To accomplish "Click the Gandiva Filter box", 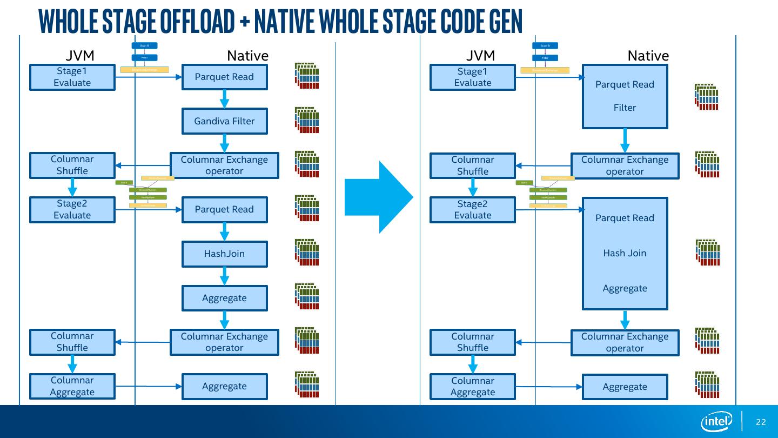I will [x=224, y=121].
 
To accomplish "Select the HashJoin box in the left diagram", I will [x=224, y=254].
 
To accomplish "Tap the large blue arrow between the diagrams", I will [x=379, y=197].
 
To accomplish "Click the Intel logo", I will [x=716, y=422].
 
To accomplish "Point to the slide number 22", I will [x=761, y=422].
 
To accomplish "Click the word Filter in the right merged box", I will [x=625, y=108].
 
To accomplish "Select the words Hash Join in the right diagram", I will [x=625, y=253].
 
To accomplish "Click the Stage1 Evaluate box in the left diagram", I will [x=72, y=77].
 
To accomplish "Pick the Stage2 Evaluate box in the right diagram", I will [x=473, y=209].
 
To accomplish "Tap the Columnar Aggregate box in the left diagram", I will [x=72, y=386].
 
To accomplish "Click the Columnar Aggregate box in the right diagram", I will [x=473, y=386].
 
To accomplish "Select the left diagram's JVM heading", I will [x=80, y=56].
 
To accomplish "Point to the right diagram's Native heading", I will [x=648, y=56].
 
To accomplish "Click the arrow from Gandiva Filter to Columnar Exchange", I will [x=224, y=143].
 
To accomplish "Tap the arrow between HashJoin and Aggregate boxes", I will [x=224, y=276].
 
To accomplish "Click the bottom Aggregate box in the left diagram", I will [x=224, y=386].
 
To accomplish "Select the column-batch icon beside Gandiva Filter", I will [x=307, y=120].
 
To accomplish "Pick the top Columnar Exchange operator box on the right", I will [x=625, y=165].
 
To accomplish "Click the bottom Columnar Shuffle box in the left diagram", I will [x=72, y=342].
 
